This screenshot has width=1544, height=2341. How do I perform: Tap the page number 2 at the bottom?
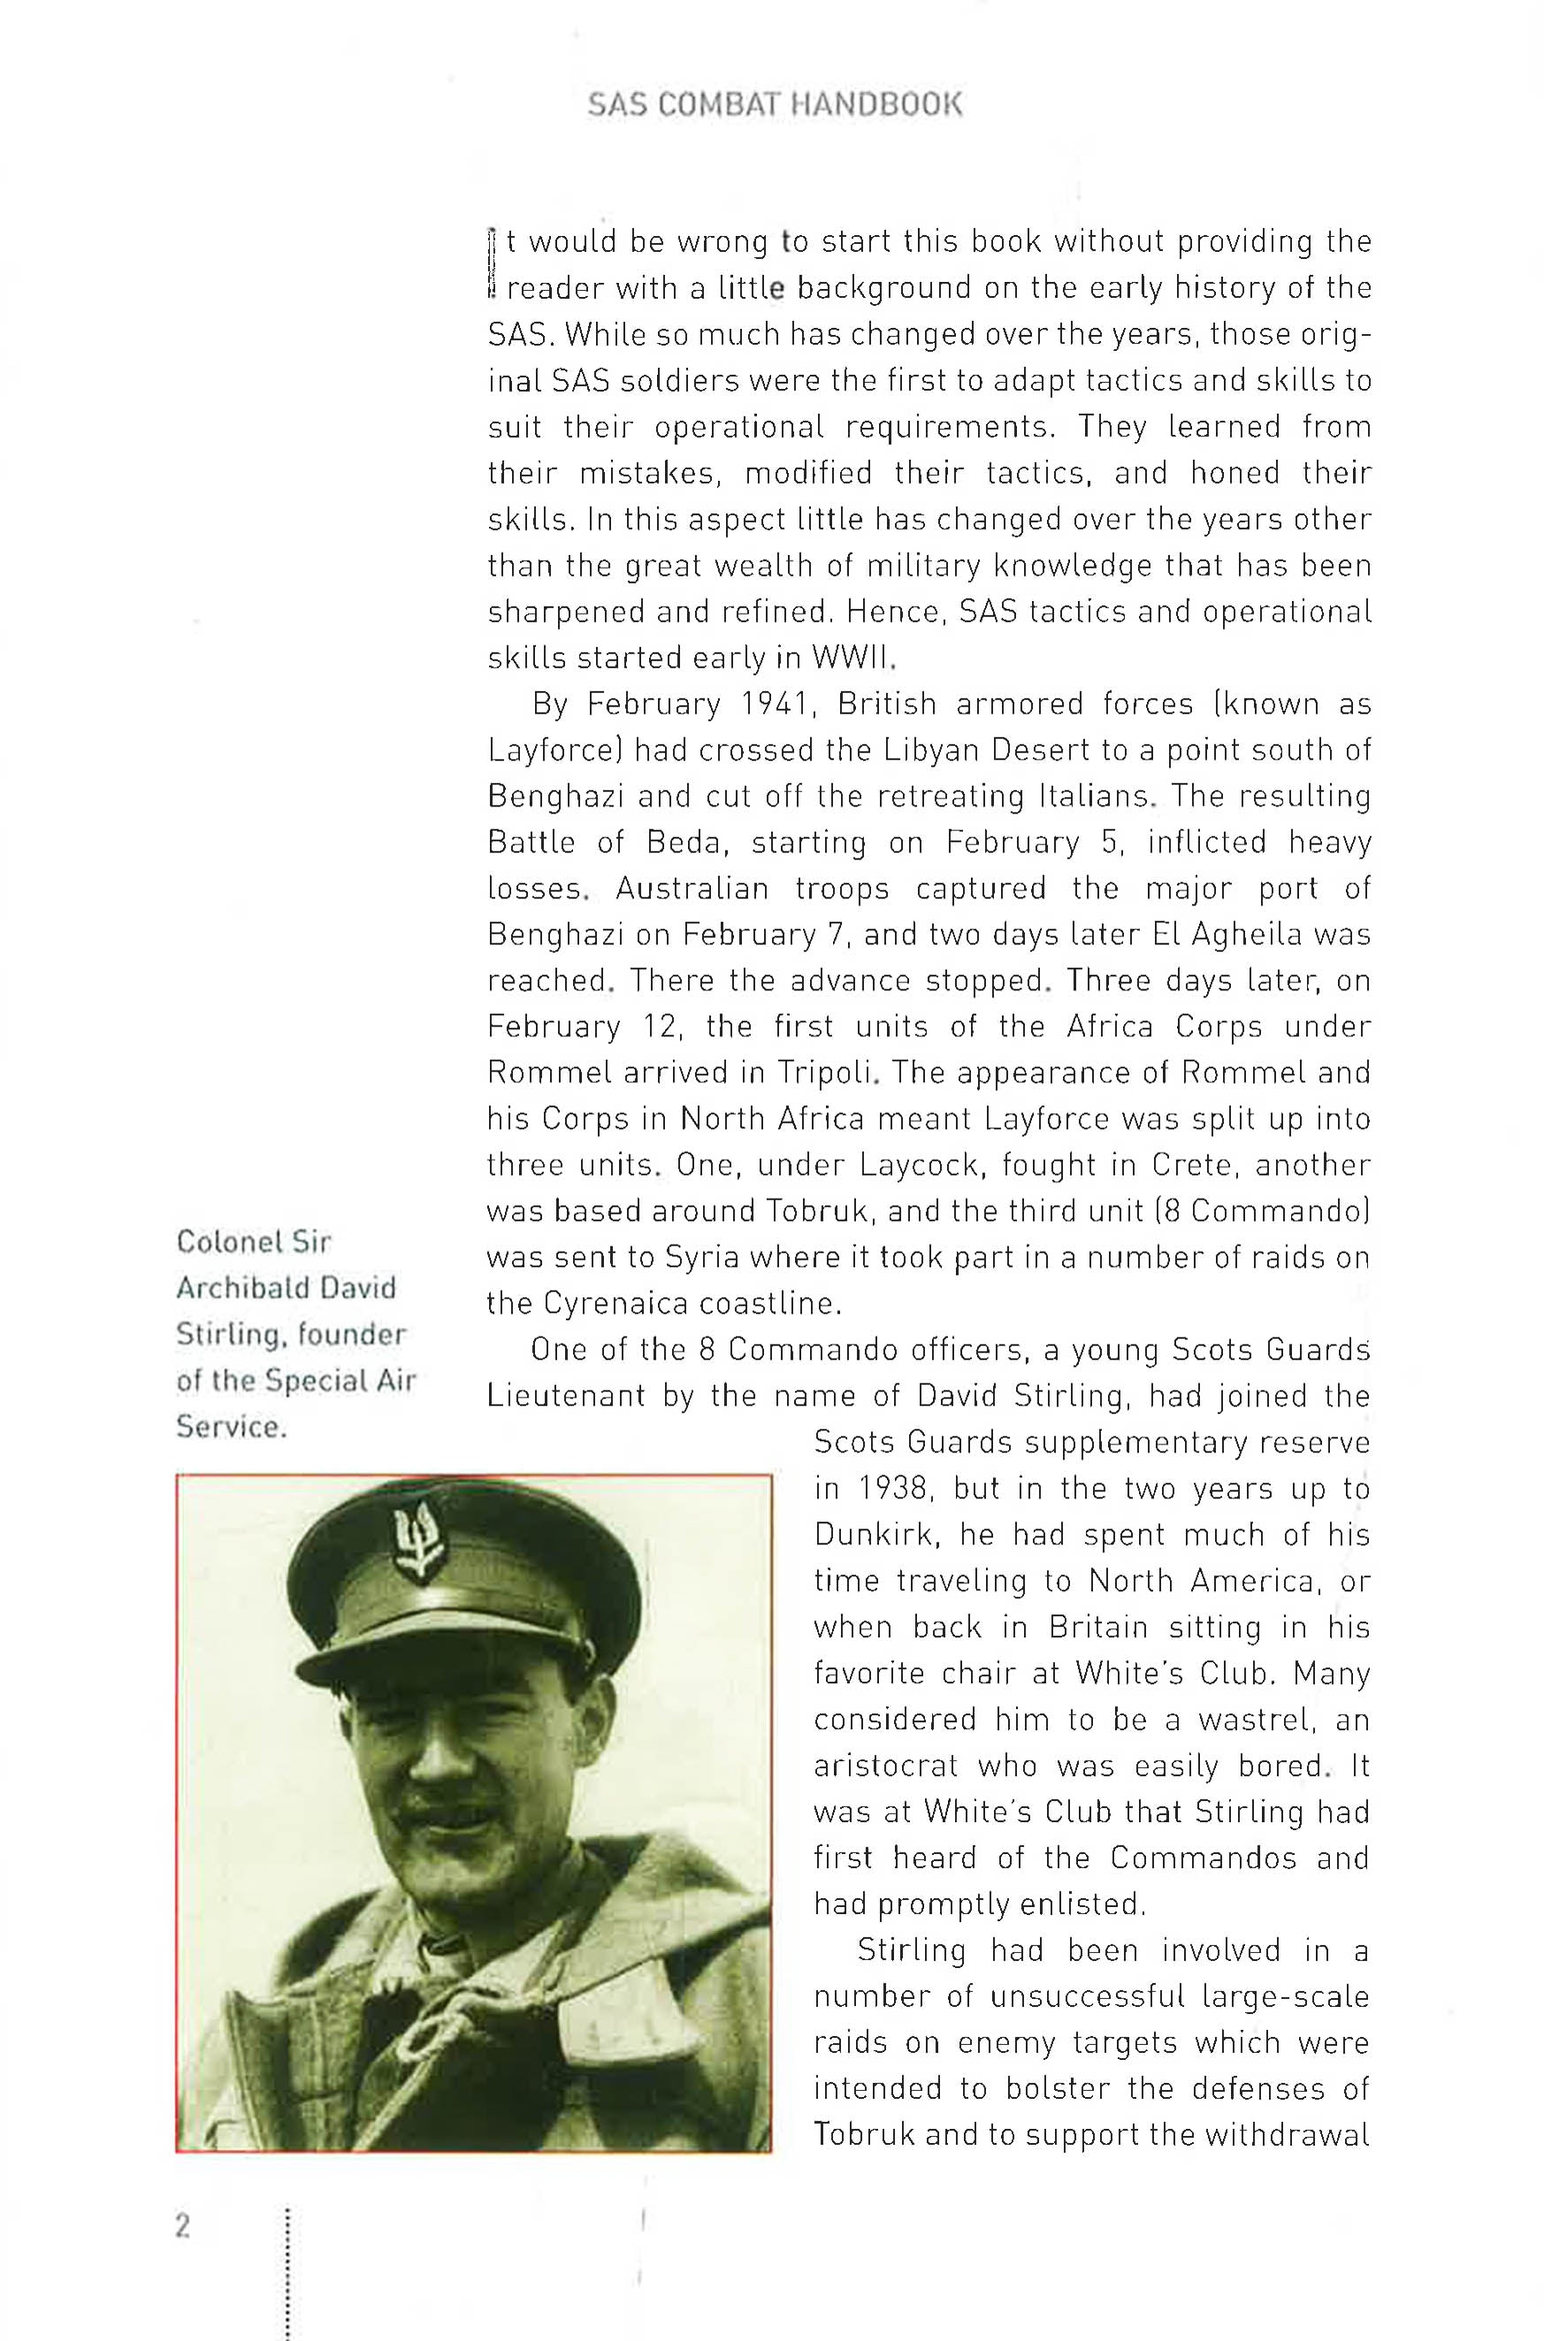tap(182, 2226)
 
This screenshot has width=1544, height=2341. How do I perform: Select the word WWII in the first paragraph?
tap(852, 658)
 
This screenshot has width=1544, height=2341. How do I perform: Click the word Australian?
tap(692, 888)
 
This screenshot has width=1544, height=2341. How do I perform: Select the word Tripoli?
tap(827, 1072)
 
